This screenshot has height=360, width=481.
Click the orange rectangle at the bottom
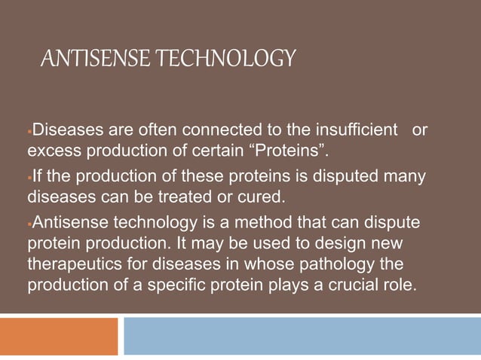click(59, 336)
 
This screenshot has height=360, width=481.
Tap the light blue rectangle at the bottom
click(302, 336)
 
